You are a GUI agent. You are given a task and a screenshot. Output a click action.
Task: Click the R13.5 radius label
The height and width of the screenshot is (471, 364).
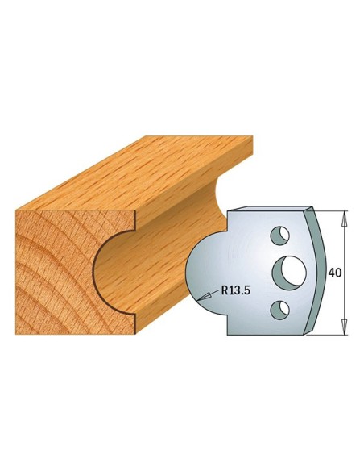(x=235, y=290)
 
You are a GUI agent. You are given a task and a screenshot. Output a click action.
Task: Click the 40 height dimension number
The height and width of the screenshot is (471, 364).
(x=335, y=273)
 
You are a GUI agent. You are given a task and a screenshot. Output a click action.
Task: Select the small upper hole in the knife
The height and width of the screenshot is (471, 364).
(x=279, y=235)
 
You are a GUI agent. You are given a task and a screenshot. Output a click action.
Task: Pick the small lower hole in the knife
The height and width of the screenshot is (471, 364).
(x=279, y=310)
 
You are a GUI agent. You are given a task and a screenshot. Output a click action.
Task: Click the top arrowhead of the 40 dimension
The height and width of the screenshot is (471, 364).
(x=345, y=218)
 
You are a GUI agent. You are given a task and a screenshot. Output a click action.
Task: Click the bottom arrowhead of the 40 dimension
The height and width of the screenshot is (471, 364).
(x=345, y=327)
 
